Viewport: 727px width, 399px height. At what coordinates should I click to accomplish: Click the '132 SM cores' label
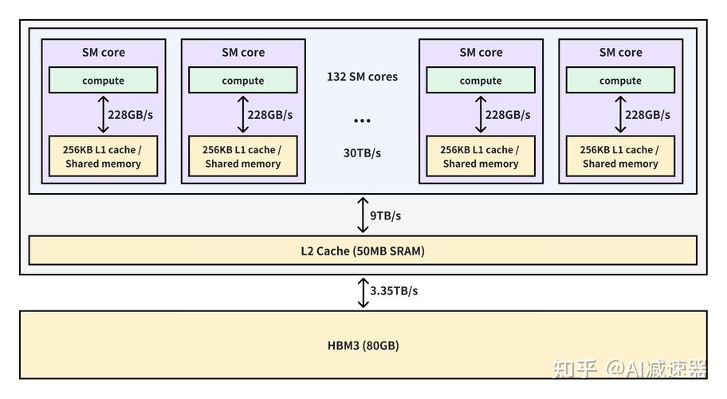[x=362, y=77]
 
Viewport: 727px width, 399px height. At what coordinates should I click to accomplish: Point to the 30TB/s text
[x=362, y=153]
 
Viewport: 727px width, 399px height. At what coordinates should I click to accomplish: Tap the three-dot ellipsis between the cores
[x=362, y=120]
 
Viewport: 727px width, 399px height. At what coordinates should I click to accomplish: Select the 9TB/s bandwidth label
[x=386, y=215]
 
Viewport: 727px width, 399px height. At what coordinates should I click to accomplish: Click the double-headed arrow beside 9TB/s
[x=363, y=215]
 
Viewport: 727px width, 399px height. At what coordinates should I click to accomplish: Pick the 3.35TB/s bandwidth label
[x=394, y=291]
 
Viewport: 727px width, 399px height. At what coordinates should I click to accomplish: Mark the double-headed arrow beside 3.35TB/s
[x=363, y=292]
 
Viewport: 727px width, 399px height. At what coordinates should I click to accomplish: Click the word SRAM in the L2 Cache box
[x=403, y=251]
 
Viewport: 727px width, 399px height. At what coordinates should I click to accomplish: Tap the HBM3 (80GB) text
[x=363, y=346]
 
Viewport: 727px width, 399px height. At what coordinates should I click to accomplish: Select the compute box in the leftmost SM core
[x=104, y=81]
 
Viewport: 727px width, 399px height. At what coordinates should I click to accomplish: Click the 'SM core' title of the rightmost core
[x=620, y=53]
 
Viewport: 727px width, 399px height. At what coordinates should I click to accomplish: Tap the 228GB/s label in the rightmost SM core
[x=647, y=115]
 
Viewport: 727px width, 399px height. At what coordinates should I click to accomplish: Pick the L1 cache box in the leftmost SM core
[x=104, y=156]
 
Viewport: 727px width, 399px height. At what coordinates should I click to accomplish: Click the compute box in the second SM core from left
[x=243, y=81]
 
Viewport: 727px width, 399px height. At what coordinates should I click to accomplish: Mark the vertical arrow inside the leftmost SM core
[x=102, y=115]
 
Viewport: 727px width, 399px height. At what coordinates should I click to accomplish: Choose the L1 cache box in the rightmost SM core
[x=620, y=156]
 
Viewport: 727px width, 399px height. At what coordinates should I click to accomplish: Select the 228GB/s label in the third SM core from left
[x=508, y=115]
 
